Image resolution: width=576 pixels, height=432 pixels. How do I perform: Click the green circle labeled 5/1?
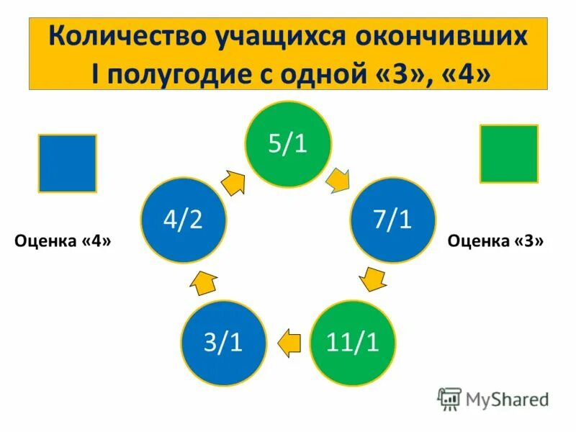[288, 144]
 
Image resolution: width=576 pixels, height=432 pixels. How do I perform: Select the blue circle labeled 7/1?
[393, 220]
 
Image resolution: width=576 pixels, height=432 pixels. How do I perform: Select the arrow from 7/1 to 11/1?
[372, 279]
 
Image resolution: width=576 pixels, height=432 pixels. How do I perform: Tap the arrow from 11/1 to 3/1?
[289, 341]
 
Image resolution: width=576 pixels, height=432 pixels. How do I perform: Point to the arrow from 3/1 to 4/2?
[203, 283]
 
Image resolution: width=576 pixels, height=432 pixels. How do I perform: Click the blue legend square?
[67, 163]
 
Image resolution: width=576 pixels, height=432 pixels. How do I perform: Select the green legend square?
[509, 153]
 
